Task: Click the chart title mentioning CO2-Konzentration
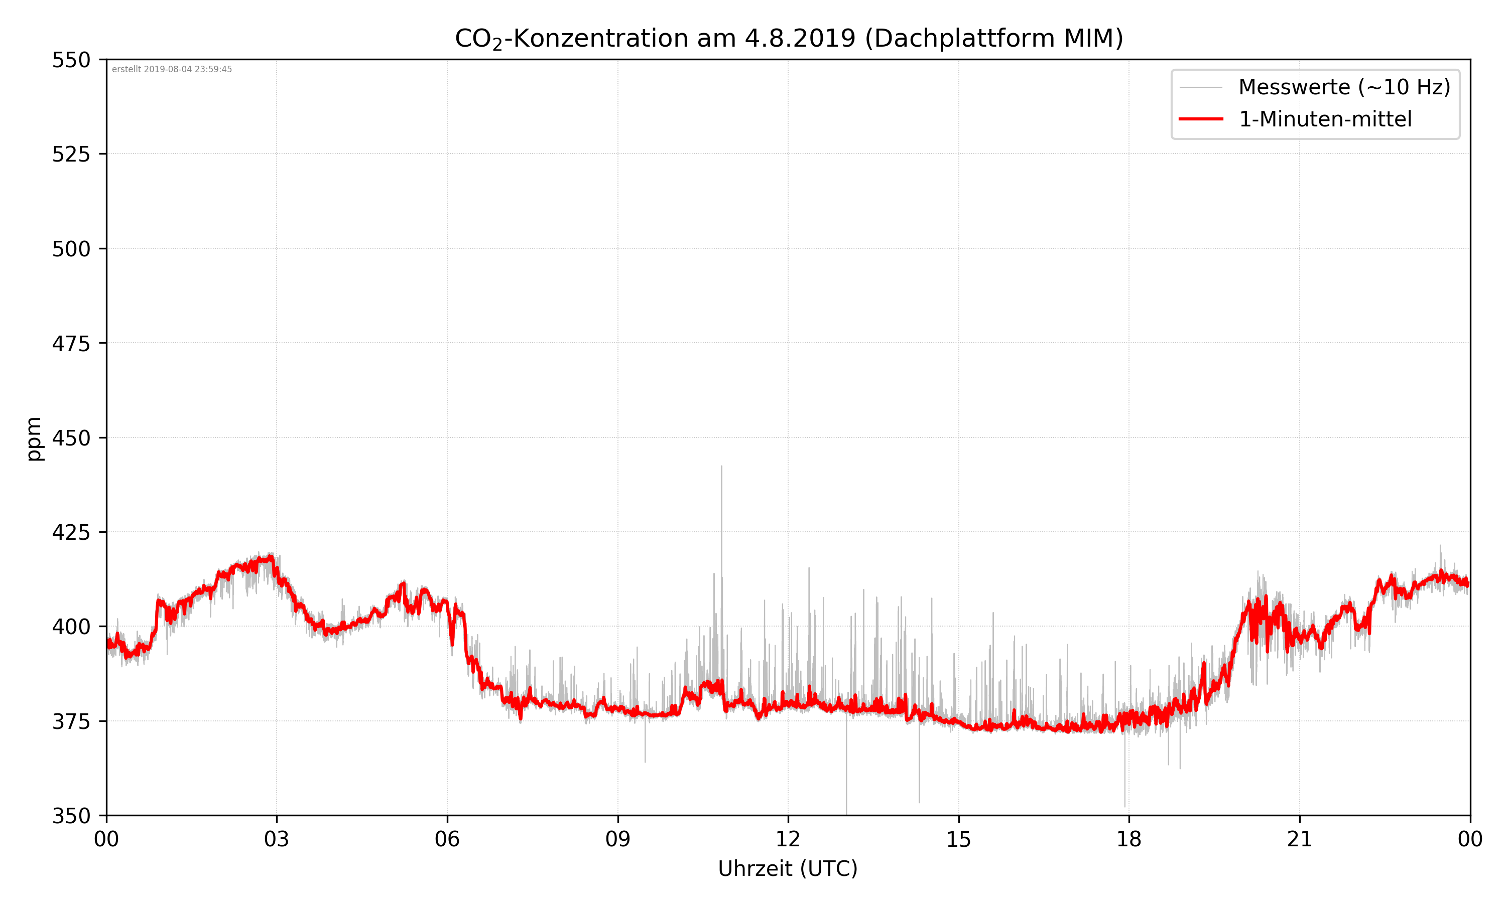tap(788, 38)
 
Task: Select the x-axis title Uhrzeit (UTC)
tap(788, 868)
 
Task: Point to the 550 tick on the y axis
tap(71, 60)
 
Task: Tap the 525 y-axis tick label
tap(71, 155)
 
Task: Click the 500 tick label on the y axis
tap(71, 249)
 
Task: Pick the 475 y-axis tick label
tap(71, 344)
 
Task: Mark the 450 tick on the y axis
tap(71, 438)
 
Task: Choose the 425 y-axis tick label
tap(71, 532)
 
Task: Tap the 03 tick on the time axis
tap(277, 839)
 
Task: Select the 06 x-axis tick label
tap(447, 839)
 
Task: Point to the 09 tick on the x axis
tap(617, 839)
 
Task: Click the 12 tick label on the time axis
tap(788, 839)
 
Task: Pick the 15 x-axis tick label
tap(958, 839)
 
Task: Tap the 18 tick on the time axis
tap(1128, 839)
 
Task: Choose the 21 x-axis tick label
tap(1299, 839)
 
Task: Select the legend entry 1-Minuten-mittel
tap(1325, 119)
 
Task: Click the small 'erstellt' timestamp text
tap(172, 69)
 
